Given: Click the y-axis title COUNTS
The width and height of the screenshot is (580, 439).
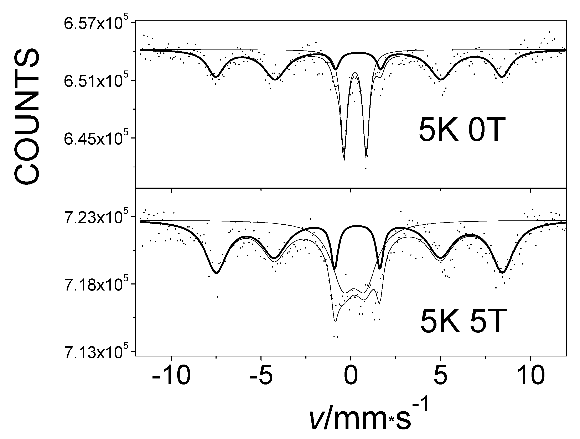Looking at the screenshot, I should [x=27, y=116].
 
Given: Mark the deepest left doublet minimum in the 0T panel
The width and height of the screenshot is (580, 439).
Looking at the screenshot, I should [x=344, y=159].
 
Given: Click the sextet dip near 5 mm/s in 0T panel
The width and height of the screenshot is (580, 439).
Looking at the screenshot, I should [x=441, y=79].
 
